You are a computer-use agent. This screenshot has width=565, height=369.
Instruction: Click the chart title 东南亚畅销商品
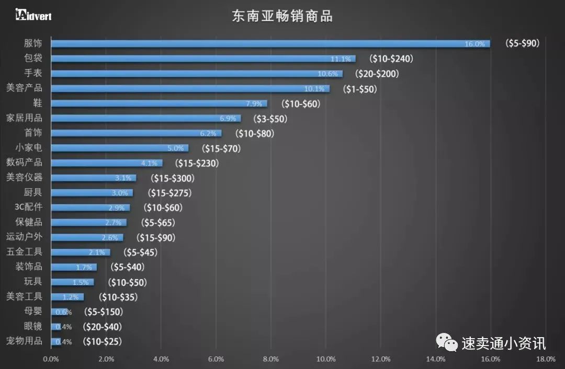[x=282, y=16]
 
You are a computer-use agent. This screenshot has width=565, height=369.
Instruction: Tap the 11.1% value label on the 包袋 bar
[x=341, y=59]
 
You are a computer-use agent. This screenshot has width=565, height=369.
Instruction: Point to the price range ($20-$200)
[x=377, y=74]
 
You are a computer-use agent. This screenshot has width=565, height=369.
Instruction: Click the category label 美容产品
[x=24, y=88]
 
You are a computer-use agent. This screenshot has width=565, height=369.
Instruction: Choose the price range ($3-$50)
[x=270, y=119]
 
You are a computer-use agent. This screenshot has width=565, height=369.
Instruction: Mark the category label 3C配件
[x=28, y=207]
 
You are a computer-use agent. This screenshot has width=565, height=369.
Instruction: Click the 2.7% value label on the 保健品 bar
[x=113, y=223]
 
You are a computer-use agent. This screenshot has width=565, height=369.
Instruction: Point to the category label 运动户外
[x=24, y=237]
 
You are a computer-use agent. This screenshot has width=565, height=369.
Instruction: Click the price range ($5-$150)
[x=103, y=312]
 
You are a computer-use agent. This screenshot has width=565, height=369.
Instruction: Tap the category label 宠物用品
[x=24, y=342]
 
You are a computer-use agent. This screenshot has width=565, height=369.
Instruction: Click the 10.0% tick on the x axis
[x=326, y=359]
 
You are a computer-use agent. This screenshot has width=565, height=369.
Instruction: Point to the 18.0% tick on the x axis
[x=546, y=359]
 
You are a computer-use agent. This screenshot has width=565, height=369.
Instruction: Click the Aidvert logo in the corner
[x=33, y=15]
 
